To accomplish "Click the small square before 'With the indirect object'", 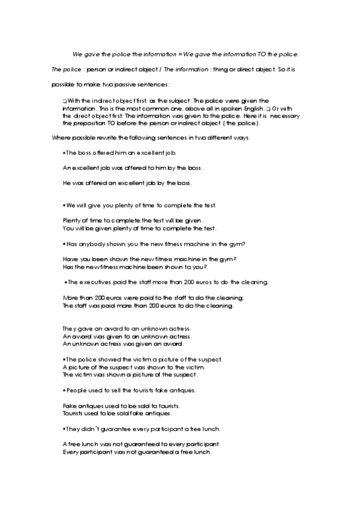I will coord(64,101).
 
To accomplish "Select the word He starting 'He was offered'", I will coord(67,182).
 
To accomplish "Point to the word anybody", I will coord(90,244).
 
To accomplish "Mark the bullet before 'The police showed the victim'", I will coord(64,360).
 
